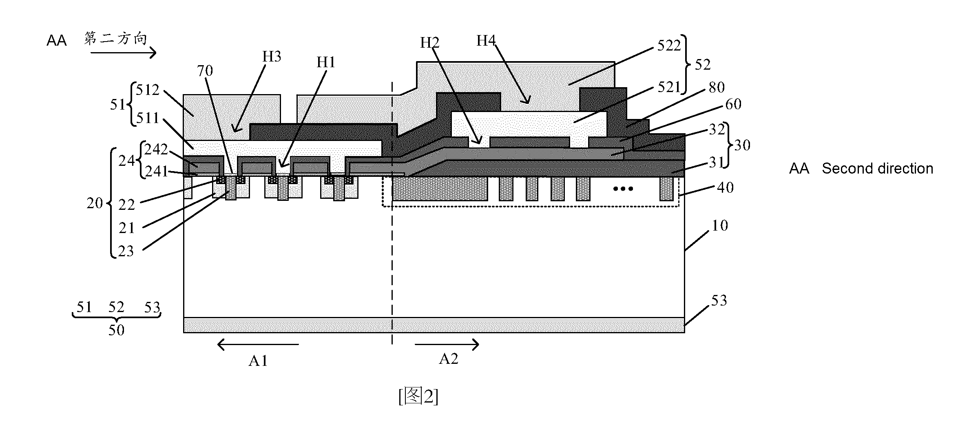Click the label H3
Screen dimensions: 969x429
[272, 57]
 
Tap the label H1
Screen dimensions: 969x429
[326, 62]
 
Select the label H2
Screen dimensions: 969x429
[430, 42]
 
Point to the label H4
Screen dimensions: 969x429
[486, 40]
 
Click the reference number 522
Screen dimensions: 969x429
[669, 46]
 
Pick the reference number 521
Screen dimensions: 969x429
[669, 87]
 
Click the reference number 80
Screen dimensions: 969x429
[717, 87]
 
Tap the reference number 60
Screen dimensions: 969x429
[733, 104]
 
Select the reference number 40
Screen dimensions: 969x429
[726, 187]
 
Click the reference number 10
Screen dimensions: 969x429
[720, 226]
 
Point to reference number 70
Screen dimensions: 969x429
[205, 71]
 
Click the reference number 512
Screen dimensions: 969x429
[148, 90]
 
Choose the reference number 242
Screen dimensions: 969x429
[156, 150]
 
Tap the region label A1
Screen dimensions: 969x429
[258, 361]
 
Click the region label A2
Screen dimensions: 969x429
[449, 359]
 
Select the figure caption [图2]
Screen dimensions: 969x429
[418, 396]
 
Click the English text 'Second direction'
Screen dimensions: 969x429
[877, 169]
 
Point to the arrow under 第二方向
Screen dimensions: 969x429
[123, 53]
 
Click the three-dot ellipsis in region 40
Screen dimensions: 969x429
[624, 189]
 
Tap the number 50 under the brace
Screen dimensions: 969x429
[116, 330]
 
